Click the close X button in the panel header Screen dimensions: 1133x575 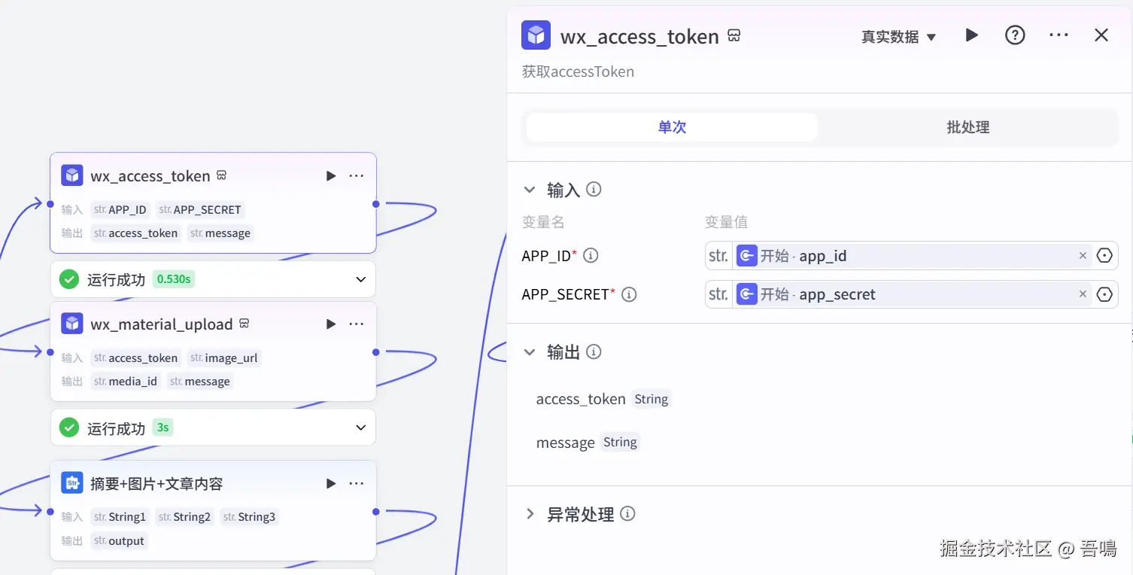pyautogui.click(x=1101, y=35)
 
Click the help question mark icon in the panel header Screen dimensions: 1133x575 pyautogui.click(x=1015, y=35)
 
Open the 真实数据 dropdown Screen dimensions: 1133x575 pyautogui.click(x=898, y=37)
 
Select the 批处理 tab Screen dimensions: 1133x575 pyautogui.click(x=967, y=127)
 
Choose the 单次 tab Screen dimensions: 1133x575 pyautogui.click(x=672, y=127)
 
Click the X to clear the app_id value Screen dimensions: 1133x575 pyautogui.click(x=1083, y=256)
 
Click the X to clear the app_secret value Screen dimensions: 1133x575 pyautogui.click(x=1083, y=294)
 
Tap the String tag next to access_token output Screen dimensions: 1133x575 pyautogui.click(x=651, y=400)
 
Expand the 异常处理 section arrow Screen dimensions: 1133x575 pyautogui.click(x=530, y=514)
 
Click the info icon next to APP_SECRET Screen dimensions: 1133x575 pyautogui.click(x=629, y=294)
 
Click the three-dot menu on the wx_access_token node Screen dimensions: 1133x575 pyautogui.click(x=357, y=176)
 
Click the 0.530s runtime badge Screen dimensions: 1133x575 pyautogui.click(x=174, y=279)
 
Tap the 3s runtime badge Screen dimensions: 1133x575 pyautogui.click(x=163, y=427)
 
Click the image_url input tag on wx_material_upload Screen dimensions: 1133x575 pyautogui.click(x=224, y=358)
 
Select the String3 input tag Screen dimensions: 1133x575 pyautogui.click(x=250, y=517)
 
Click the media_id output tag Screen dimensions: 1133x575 pyautogui.click(x=126, y=382)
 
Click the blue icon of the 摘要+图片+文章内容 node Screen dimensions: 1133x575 pyautogui.click(x=72, y=483)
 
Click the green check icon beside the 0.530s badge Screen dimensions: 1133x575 pyautogui.click(x=69, y=279)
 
